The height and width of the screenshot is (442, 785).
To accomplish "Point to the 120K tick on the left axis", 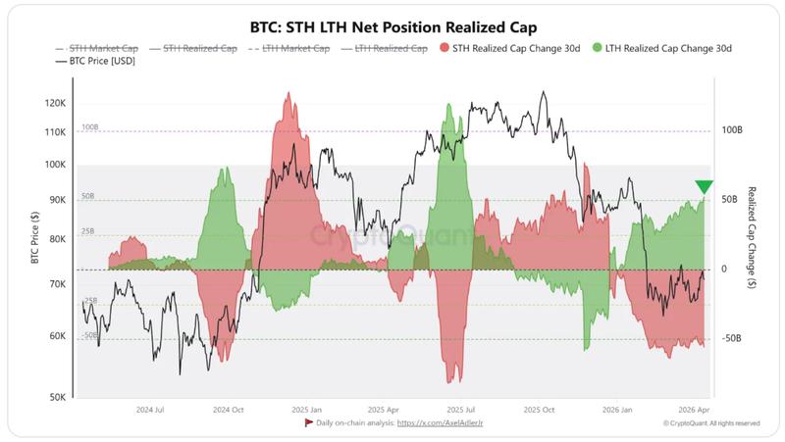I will [55, 103].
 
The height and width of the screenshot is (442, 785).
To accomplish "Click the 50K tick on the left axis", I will [58, 398].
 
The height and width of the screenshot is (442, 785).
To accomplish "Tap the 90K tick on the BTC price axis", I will [58, 200].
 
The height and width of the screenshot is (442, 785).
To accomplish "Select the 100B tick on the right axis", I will [731, 129].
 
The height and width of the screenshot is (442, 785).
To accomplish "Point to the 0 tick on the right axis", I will [724, 269].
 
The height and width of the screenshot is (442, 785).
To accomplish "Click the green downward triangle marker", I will [704, 188].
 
